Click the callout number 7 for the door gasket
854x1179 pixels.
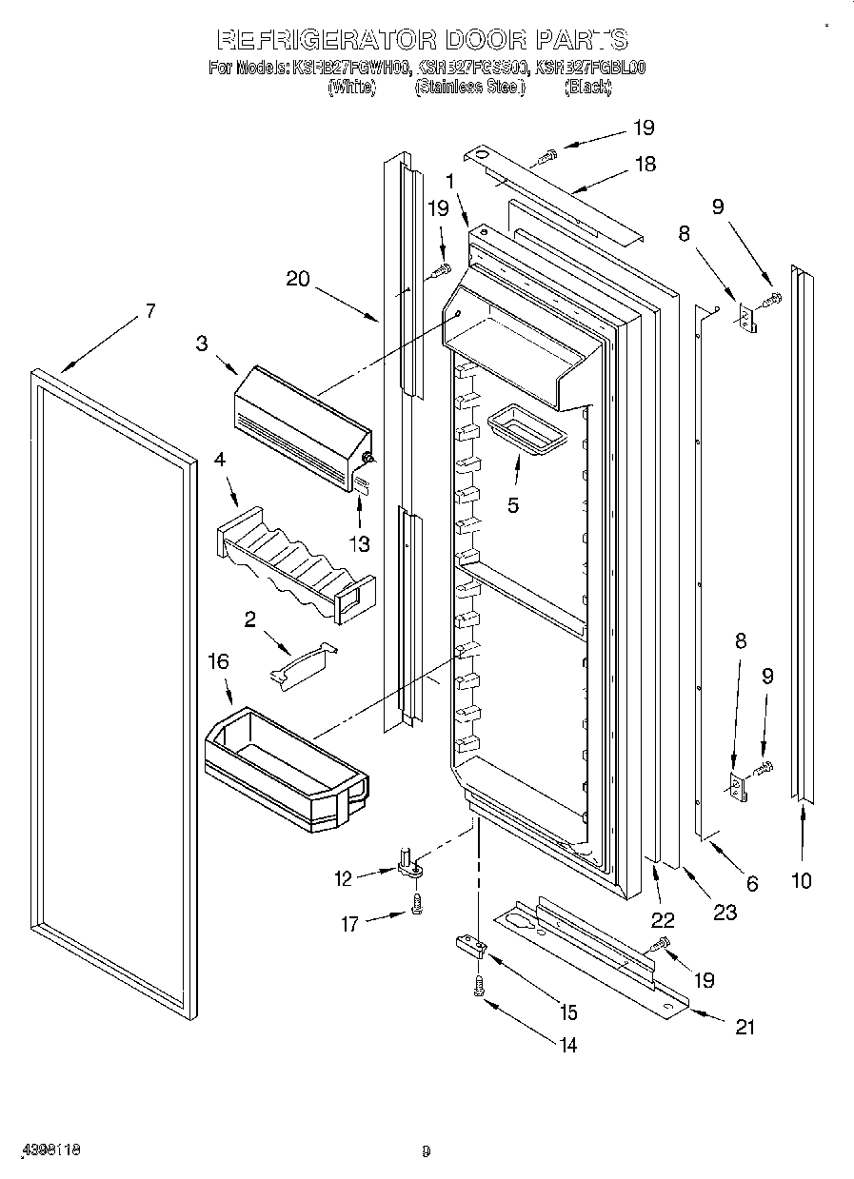point(149,310)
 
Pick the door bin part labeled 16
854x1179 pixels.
point(286,770)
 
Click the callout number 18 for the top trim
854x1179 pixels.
point(645,164)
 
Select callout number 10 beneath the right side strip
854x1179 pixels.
point(802,881)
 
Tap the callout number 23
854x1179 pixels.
point(725,912)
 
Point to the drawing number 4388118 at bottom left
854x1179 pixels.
point(48,1150)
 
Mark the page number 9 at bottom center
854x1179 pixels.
point(427,1151)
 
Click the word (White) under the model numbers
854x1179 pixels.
point(351,88)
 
